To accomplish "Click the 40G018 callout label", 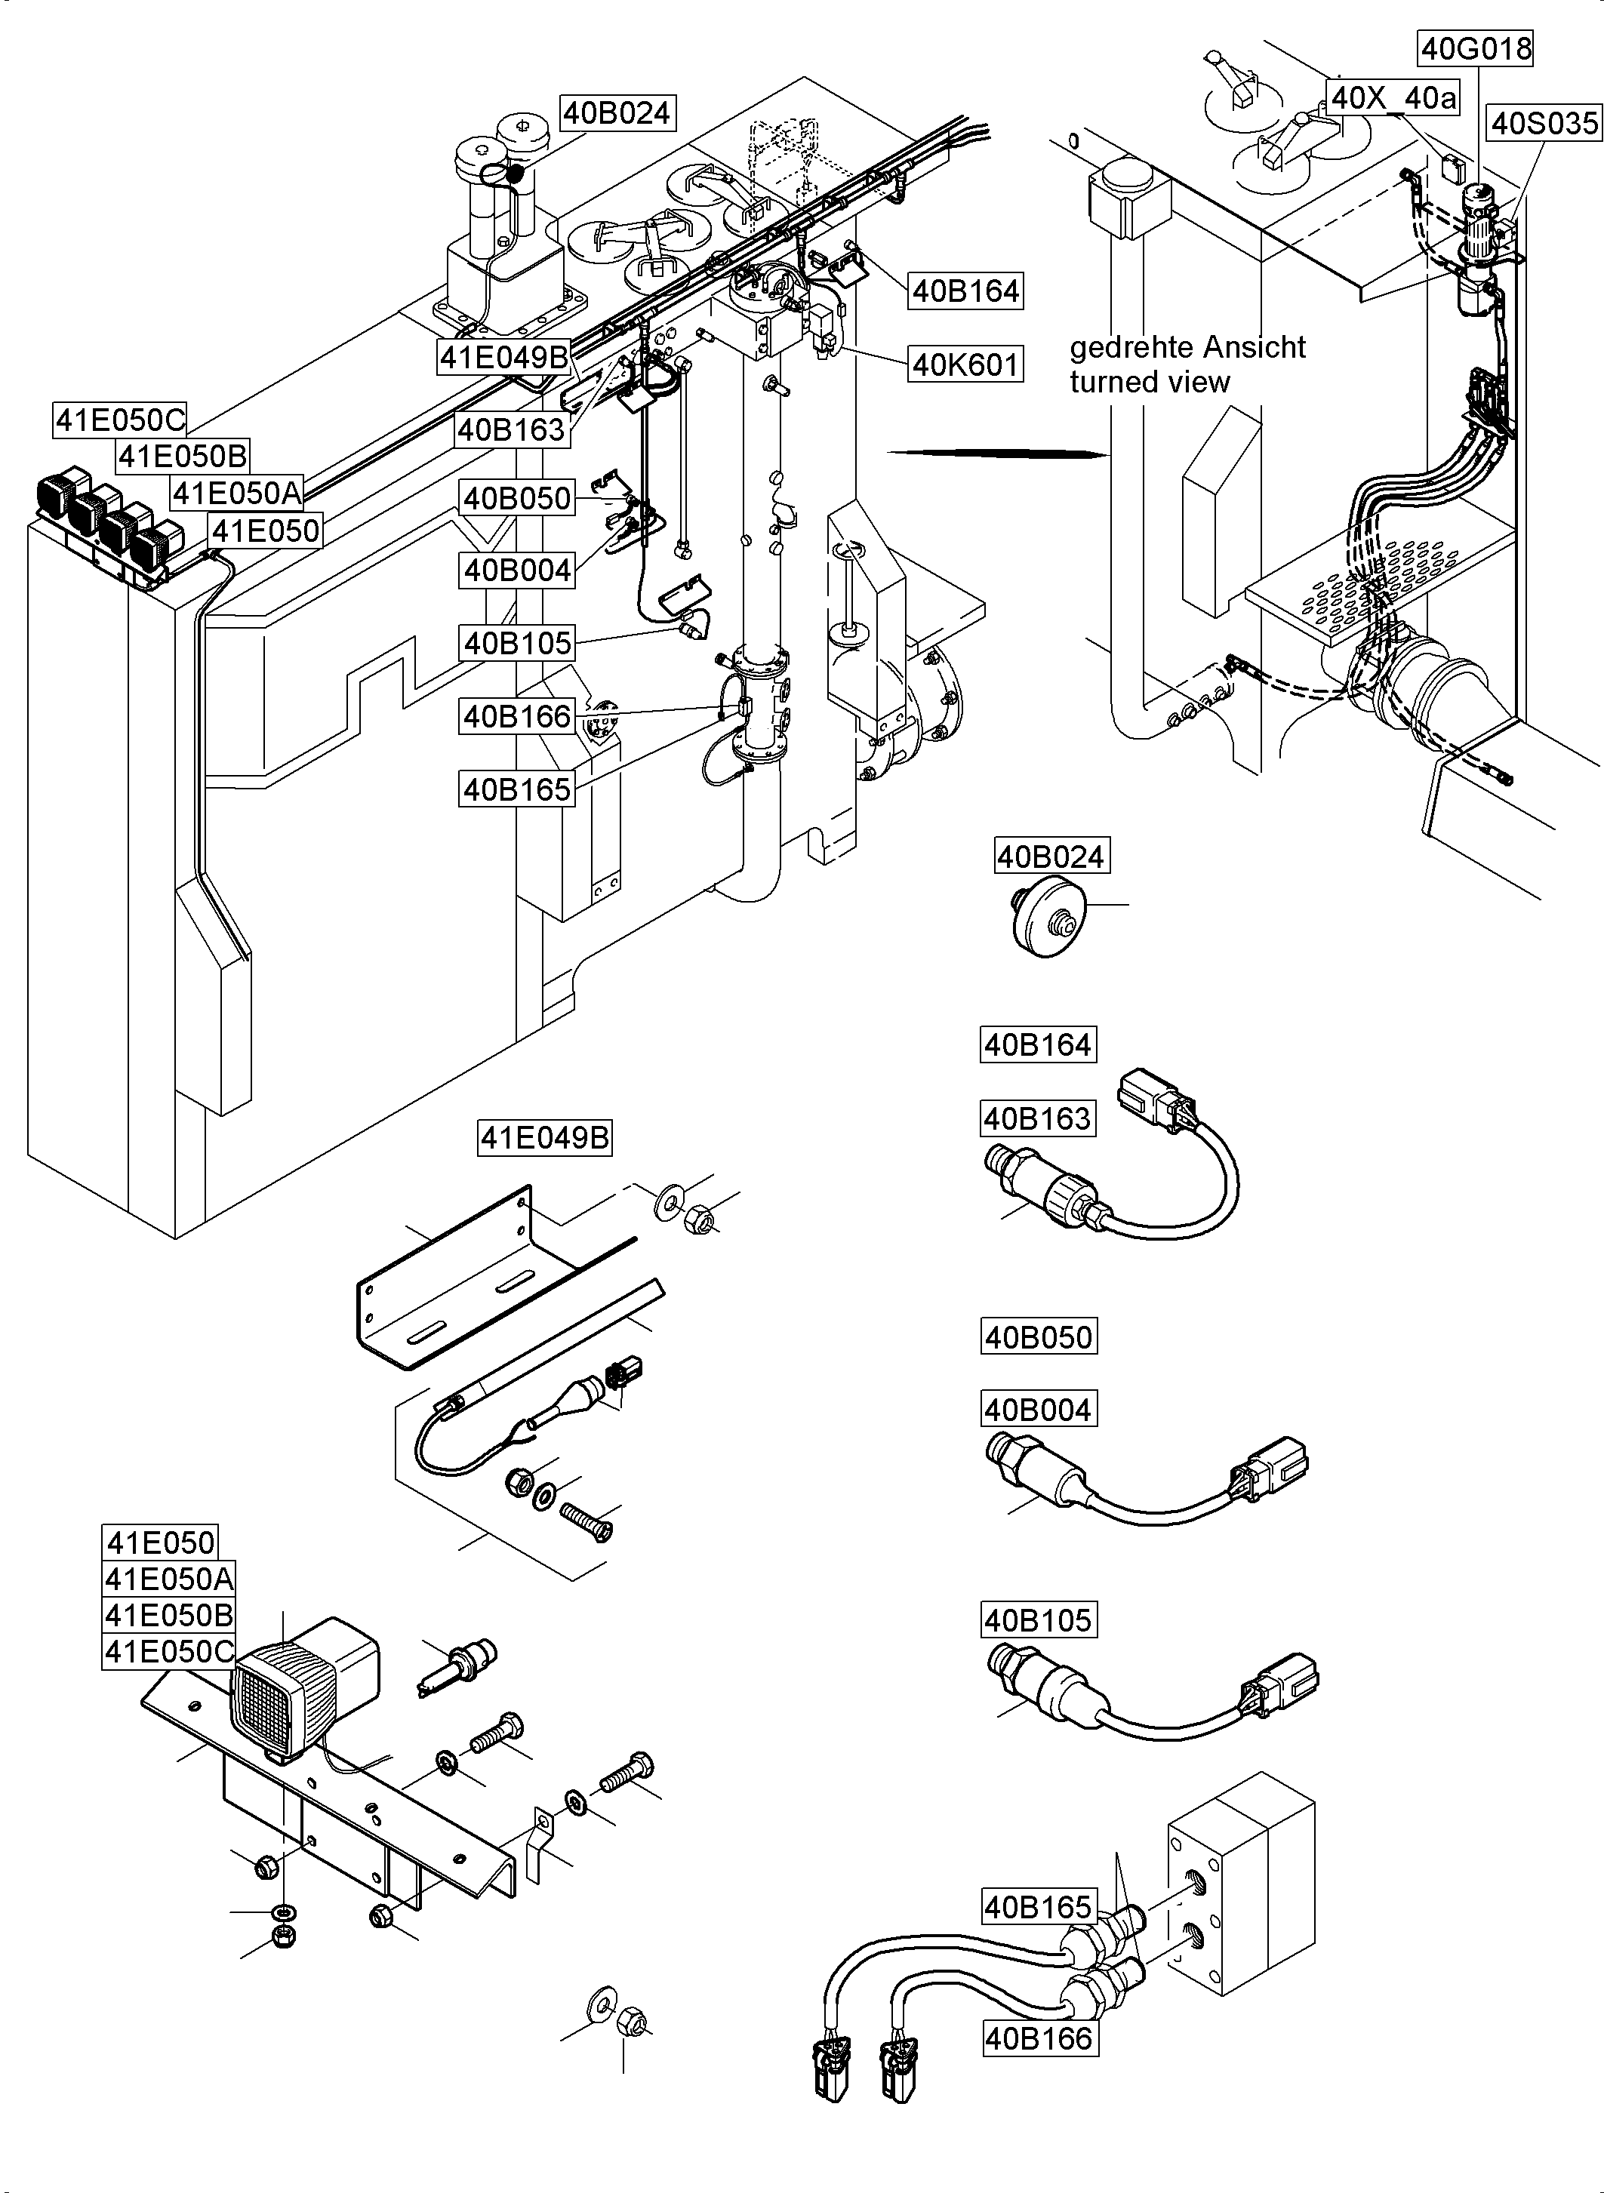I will tap(1476, 48).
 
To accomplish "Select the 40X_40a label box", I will tap(1393, 97).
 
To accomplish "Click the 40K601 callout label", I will tap(965, 365).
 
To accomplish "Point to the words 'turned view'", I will tap(1150, 382).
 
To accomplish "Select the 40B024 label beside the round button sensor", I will tap(1051, 857).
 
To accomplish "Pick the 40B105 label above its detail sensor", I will tap(1039, 1619).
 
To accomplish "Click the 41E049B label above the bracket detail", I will tap(546, 1136).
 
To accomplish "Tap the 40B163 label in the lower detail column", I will tap(1038, 1118).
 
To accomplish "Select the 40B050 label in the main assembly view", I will tap(518, 498).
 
